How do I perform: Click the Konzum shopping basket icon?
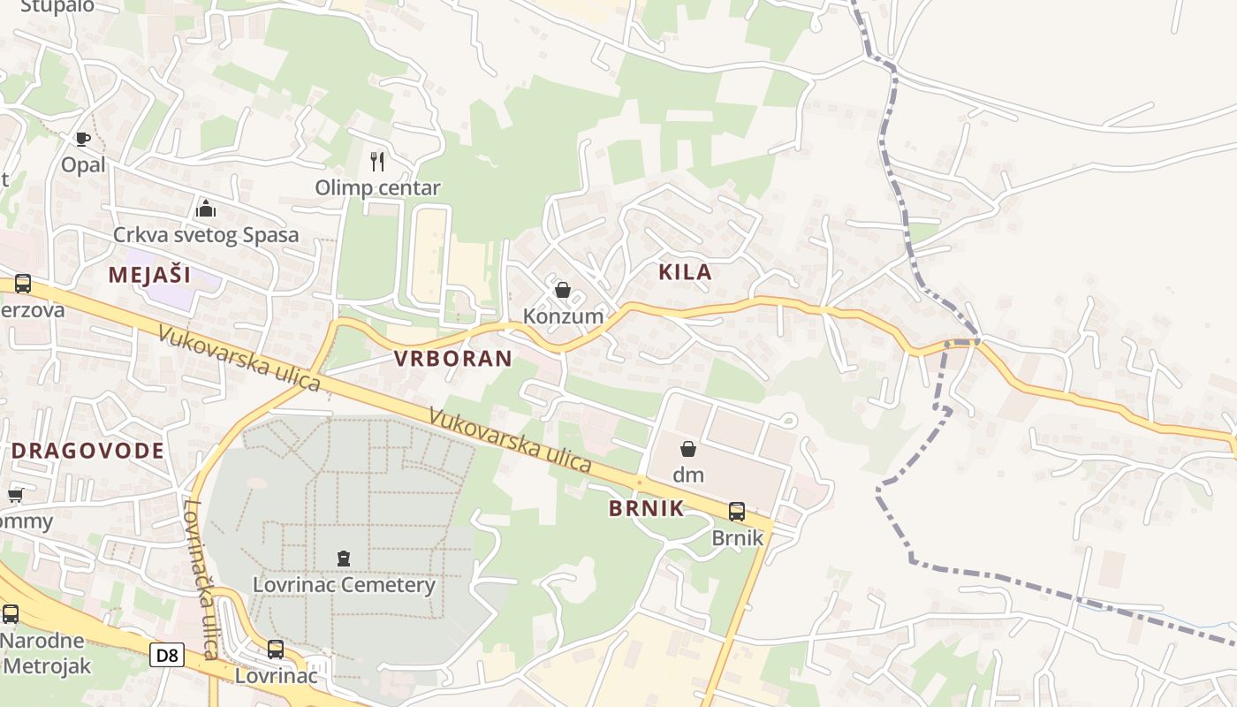(562, 290)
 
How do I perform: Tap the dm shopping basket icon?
(688, 449)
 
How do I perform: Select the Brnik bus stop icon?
(736, 511)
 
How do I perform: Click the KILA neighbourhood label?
(686, 272)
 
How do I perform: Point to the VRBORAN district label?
(453, 358)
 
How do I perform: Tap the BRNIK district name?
(647, 508)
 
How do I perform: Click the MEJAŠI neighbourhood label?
(150, 275)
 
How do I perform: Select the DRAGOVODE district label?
(88, 451)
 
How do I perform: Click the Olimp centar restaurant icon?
(377, 161)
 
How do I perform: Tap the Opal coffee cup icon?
(82, 139)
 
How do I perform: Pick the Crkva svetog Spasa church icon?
(206, 209)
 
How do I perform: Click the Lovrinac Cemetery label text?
(344, 585)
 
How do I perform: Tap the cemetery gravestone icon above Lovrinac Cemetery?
(344, 559)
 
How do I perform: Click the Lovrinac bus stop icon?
(276, 650)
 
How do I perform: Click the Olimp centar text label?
(377, 187)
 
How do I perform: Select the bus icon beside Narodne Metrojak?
(11, 613)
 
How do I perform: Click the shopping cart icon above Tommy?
(15, 495)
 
